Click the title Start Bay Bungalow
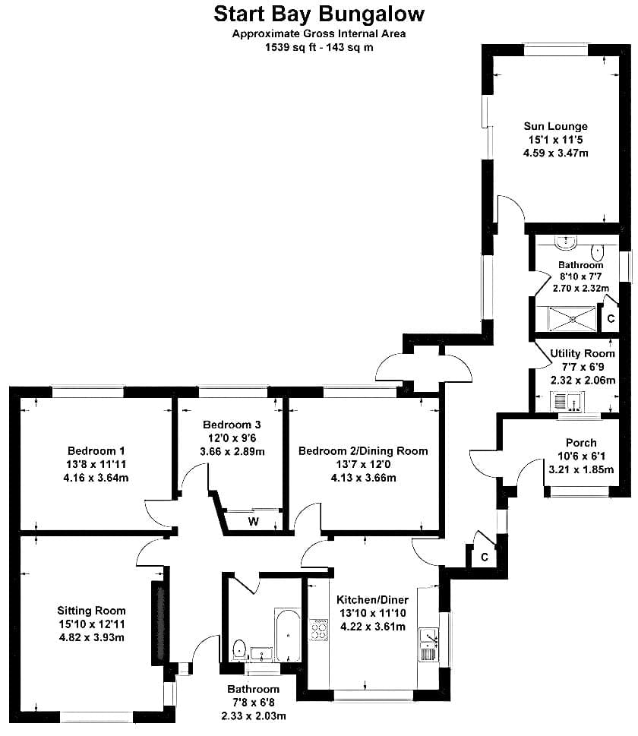(319, 14)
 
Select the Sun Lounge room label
(555, 126)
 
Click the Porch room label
(581, 443)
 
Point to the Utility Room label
(582, 353)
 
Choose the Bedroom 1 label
(96, 451)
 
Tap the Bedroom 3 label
(232, 425)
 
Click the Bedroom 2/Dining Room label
(363, 451)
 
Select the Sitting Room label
(92, 611)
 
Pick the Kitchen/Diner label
(373, 599)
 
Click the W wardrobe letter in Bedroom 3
(254, 522)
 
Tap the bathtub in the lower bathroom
(287, 635)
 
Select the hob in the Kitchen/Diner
(319, 630)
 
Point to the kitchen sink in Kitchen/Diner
(428, 644)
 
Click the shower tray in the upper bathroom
(573, 319)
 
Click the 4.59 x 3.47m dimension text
(555, 153)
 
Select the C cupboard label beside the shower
(611, 319)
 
